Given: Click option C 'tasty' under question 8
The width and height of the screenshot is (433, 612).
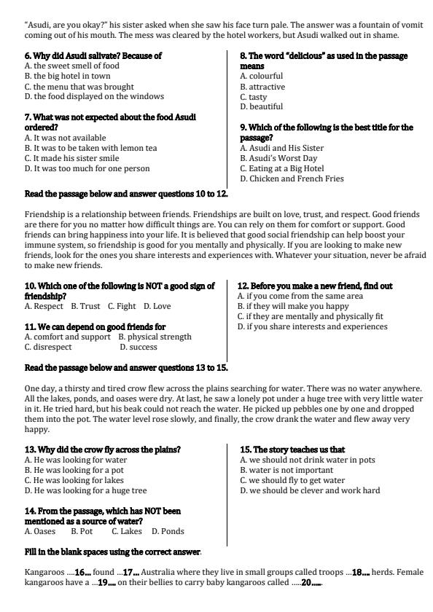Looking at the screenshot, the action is coord(253,97).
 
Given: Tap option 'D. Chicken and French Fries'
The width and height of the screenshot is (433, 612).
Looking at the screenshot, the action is coord(292,178).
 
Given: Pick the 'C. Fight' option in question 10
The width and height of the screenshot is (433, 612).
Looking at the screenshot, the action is coord(122,306).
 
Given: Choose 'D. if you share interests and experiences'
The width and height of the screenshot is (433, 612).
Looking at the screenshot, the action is coord(313,327).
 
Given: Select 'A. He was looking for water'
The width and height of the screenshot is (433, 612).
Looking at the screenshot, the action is coord(76,460).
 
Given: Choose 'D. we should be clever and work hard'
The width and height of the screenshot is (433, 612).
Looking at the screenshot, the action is coord(310,490).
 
